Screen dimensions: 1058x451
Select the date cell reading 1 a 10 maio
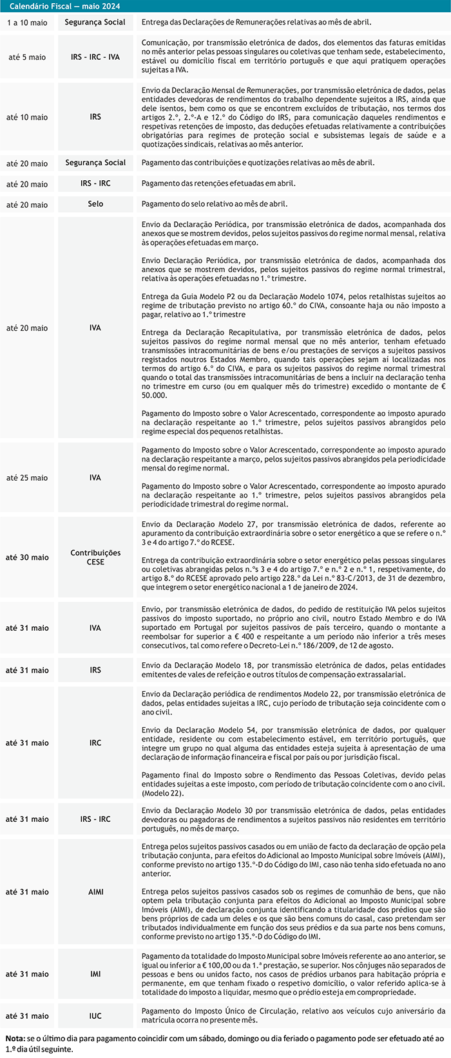point(27,23)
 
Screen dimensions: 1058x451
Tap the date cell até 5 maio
point(27,57)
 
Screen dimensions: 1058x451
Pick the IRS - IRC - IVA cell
point(95,57)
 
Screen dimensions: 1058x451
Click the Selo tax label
point(95,204)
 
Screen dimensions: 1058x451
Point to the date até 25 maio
point(27,478)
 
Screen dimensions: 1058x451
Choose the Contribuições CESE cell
point(95,557)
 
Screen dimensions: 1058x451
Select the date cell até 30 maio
point(27,557)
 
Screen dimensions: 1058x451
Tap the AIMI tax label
point(95,892)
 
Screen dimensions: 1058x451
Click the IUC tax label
point(95,1016)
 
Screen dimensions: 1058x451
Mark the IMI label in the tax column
point(95,974)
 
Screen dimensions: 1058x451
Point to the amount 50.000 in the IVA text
point(155,395)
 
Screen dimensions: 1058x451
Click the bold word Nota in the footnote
point(15,1039)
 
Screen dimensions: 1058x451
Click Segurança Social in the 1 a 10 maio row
point(95,23)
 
